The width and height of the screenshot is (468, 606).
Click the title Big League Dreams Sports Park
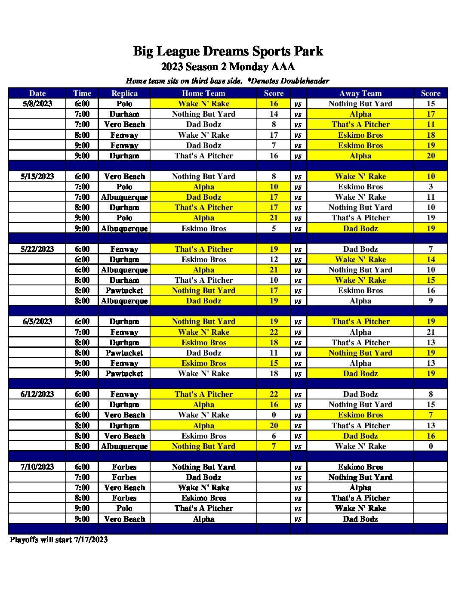[228, 51]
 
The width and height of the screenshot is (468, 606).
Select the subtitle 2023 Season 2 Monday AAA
[228, 67]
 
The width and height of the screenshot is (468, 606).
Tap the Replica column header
[124, 93]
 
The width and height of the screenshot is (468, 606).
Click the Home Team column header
[203, 93]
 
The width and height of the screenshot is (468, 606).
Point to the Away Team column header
[360, 93]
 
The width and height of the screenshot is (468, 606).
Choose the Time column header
[82, 93]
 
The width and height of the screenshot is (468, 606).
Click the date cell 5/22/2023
[37, 249]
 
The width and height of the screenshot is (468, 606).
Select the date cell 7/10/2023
[37, 467]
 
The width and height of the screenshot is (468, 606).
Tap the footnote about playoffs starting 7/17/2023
[59, 540]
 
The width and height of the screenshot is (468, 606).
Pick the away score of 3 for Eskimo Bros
[431, 187]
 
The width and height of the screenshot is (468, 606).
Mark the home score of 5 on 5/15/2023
[274, 229]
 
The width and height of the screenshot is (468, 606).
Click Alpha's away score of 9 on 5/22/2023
[431, 301]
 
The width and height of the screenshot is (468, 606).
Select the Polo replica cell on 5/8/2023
[124, 104]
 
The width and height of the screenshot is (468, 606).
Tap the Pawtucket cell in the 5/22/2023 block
[124, 291]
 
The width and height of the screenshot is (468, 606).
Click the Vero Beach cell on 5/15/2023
[124, 176]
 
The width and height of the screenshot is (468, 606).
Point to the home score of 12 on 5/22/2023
[274, 260]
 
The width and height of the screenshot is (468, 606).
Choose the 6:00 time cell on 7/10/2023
[82, 467]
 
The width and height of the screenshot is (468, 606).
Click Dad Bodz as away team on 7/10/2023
[360, 519]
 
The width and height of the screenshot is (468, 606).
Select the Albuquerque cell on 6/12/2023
[124, 446]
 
